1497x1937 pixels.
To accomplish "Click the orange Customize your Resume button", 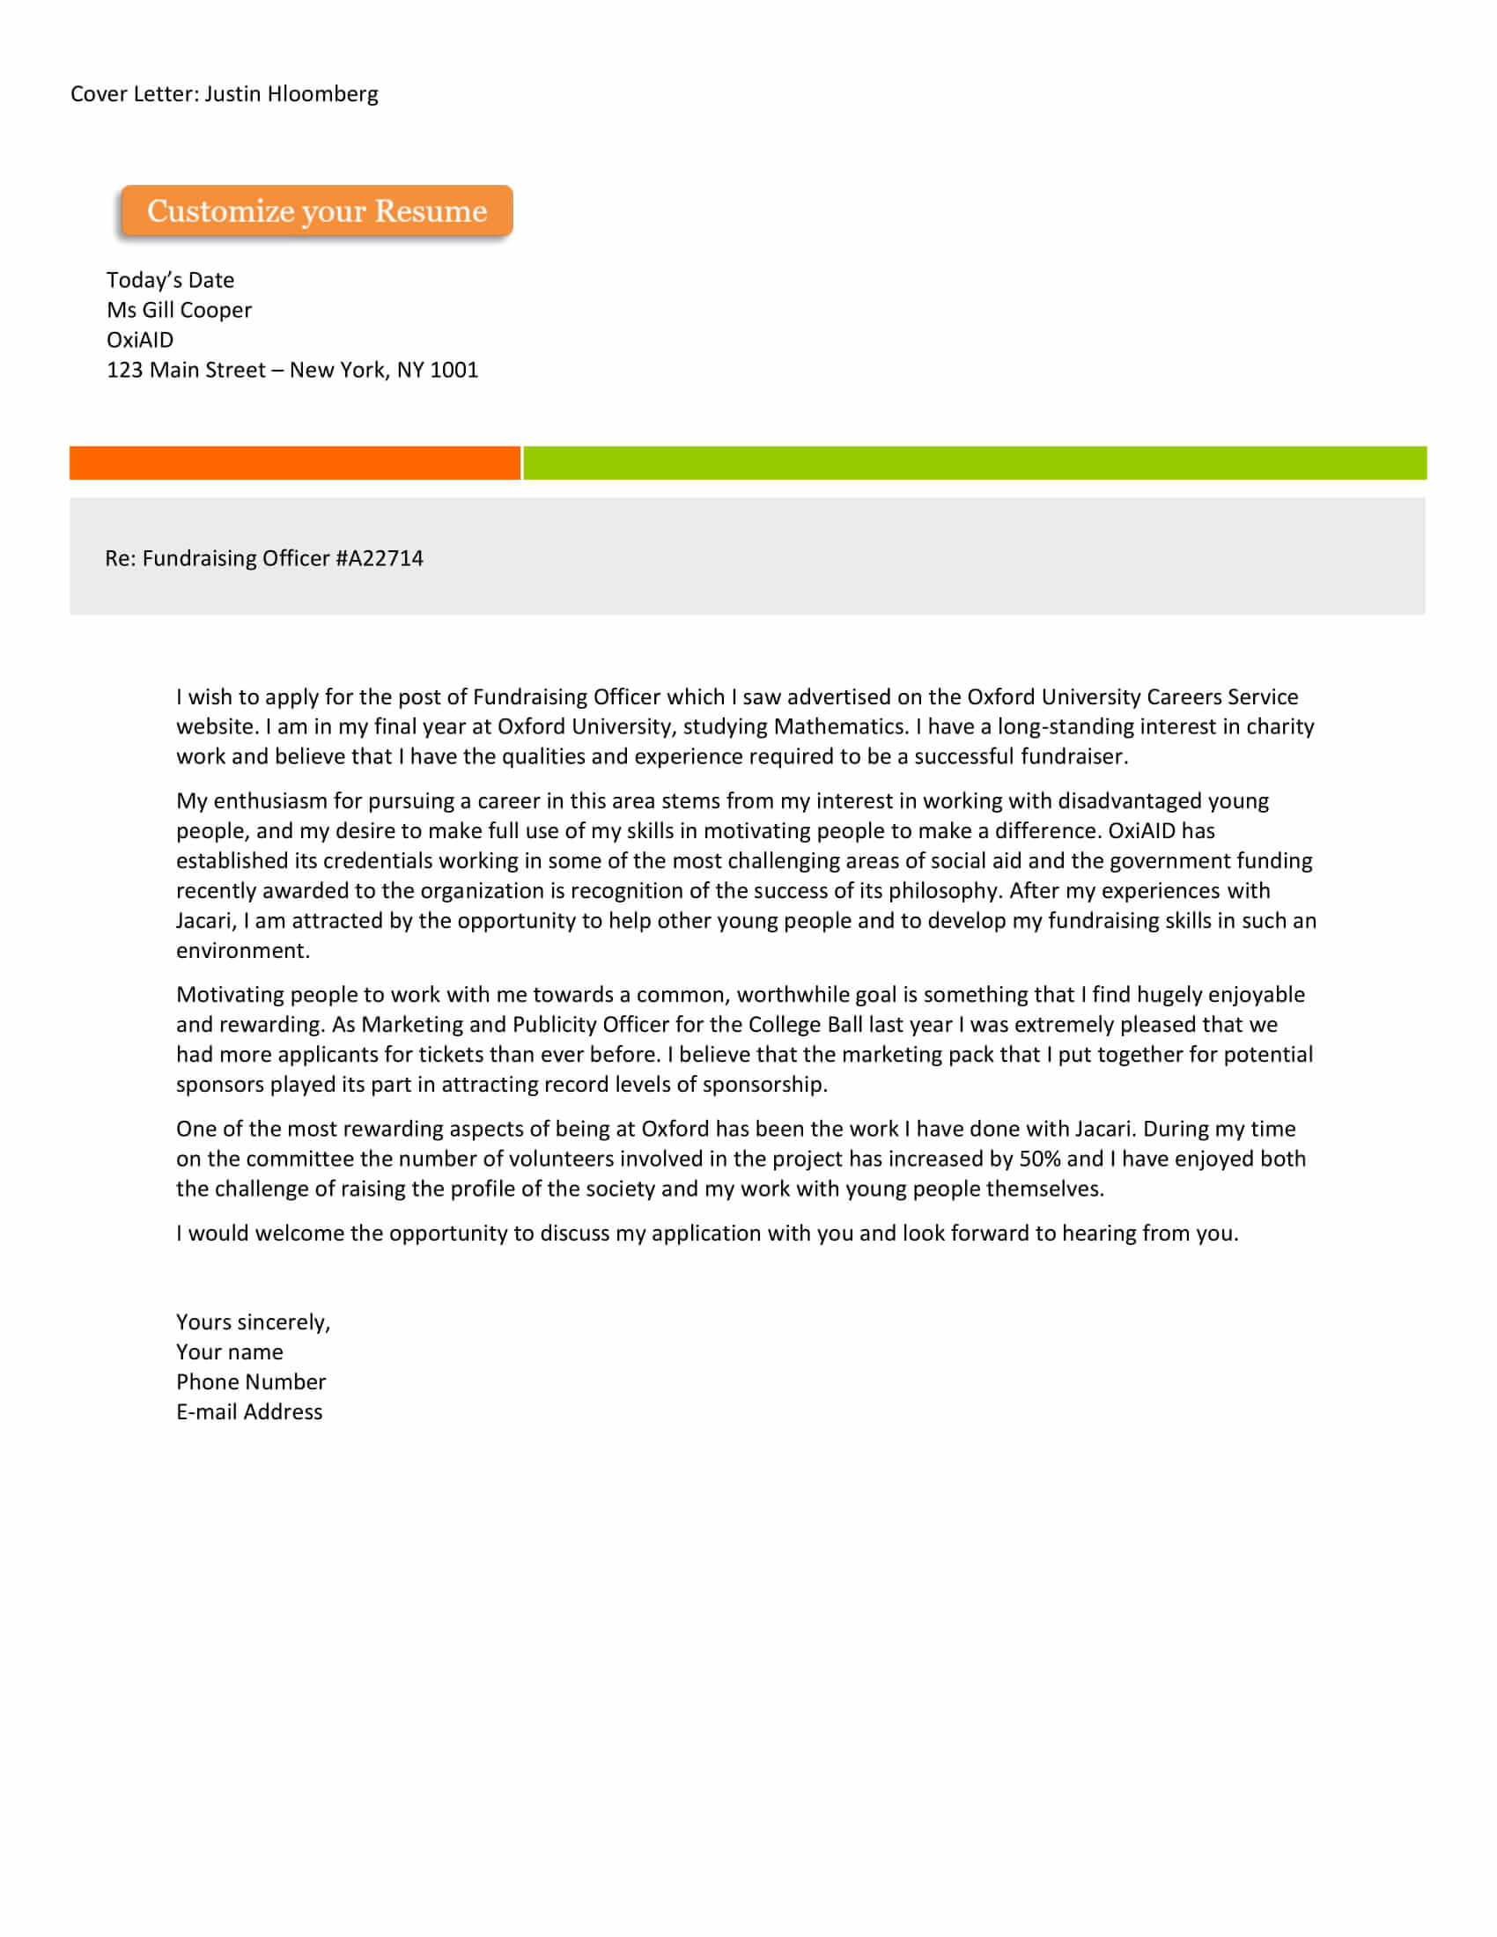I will coord(317,211).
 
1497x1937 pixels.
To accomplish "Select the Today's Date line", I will coord(170,280).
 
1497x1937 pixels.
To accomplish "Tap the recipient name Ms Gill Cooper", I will coord(179,311).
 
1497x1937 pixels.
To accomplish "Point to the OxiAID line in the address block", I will coord(140,340).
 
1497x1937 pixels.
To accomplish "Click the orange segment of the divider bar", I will coord(294,463).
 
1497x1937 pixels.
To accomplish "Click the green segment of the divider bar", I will coord(974,463).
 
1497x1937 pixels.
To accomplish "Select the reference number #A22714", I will coord(380,558).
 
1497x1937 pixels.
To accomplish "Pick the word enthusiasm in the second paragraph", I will coord(270,801).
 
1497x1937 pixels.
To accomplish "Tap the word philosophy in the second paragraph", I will coord(943,890).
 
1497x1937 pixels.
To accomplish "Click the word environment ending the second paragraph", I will coord(242,951).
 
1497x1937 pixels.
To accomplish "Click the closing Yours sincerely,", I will coord(253,1322).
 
